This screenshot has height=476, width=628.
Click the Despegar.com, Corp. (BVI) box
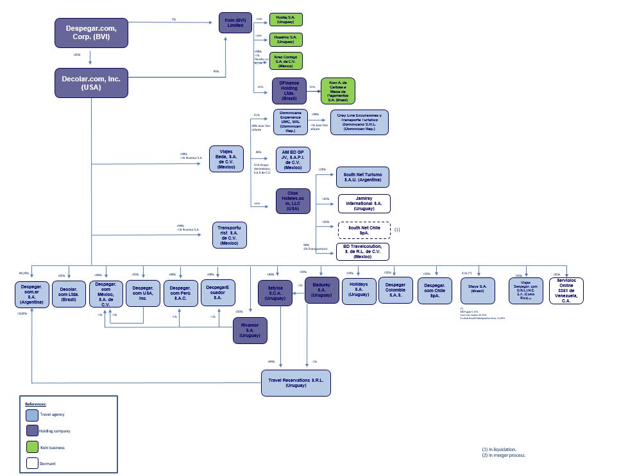90,33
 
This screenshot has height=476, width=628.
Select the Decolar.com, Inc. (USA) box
90,83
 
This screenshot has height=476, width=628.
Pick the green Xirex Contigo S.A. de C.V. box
285,61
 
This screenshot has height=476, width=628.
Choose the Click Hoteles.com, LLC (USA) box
293,201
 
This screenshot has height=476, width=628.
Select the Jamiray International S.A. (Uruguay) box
363,203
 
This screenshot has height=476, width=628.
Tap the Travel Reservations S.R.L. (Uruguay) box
296,383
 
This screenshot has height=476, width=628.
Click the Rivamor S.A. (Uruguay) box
250,331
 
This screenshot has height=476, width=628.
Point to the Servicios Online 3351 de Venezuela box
566,290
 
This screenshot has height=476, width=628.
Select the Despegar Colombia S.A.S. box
396,290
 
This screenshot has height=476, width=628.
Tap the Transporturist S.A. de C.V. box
228,235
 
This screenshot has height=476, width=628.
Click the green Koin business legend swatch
32,447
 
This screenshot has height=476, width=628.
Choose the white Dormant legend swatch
32,463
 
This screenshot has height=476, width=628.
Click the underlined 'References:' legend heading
36,404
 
